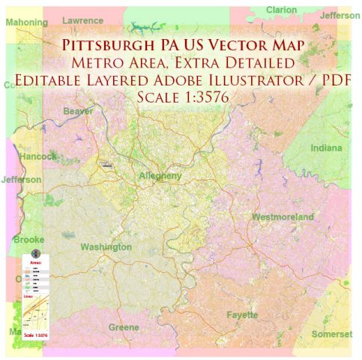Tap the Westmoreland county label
click(x=282, y=217)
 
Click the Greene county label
click(x=124, y=328)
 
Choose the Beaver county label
click(x=78, y=111)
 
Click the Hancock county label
click(x=37, y=157)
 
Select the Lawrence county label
click(x=83, y=20)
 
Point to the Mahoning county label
click(x=27, y=22)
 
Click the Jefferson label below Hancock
click(x=21, y=180)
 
